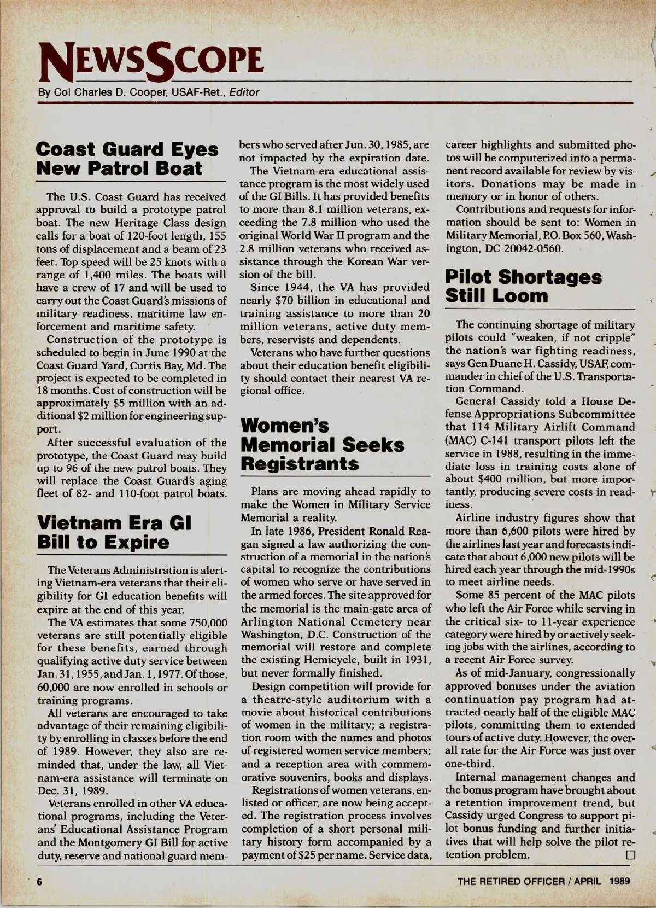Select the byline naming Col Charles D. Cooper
coord(148,92)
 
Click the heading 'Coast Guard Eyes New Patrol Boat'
coord(127,159)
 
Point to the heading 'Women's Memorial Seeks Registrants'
coord(323,445)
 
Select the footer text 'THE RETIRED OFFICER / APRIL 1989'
coord(543,881)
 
